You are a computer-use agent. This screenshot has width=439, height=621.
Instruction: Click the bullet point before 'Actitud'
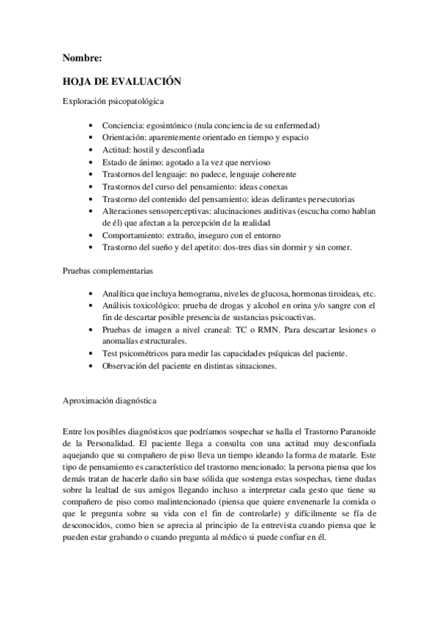coord(89,149)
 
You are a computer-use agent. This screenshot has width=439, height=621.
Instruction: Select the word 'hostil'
coord(143,149)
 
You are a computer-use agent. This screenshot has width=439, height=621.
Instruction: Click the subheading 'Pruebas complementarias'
coord(107,271)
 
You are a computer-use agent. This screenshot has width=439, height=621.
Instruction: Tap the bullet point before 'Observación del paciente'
coord(89,366)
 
